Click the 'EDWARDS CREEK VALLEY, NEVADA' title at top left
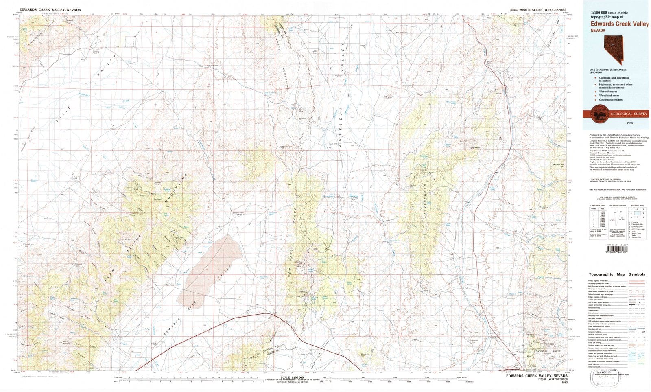pyautogui.click(x=50, y=10)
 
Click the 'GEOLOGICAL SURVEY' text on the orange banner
pyautogui.click(x=629, y=114)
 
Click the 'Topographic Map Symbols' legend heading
pyautogui.click(x=616, y=274)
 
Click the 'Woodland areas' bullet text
pyautogui.click(x=610, y=96)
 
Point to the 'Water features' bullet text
pyautogui.click(x=609, y=92)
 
